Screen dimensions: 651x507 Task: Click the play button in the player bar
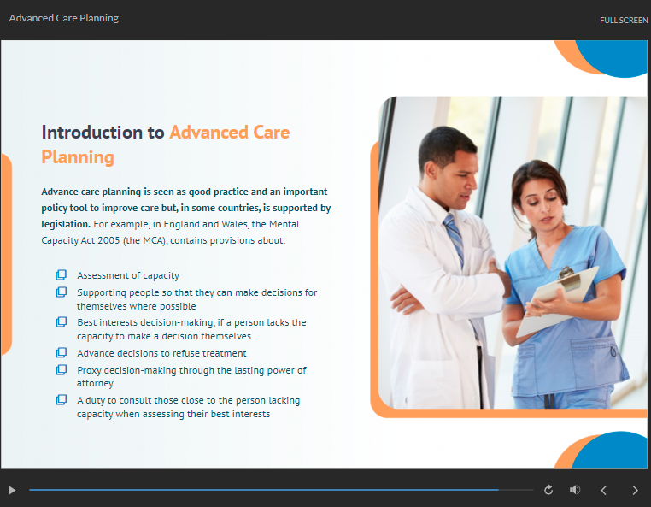pos(12,491)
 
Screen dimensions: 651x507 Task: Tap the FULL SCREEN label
pos(624,20)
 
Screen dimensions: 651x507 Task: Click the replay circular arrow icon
pos(548,490)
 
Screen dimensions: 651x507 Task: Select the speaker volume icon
pos(575,490)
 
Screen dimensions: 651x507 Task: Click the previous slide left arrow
pos(604,491)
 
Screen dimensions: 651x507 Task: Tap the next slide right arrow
pos(636,491)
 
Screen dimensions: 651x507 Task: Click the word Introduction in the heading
pos(92,133)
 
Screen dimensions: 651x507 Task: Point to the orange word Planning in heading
pos(78,157)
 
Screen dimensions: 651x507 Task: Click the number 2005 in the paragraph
pos(108,240)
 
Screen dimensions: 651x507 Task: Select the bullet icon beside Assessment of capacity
pos(61,274)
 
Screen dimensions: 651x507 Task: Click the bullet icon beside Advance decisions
pos(61,352)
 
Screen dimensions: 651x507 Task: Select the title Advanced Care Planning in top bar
pos(63,18)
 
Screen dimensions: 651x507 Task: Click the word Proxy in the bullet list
pos(89,370)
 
